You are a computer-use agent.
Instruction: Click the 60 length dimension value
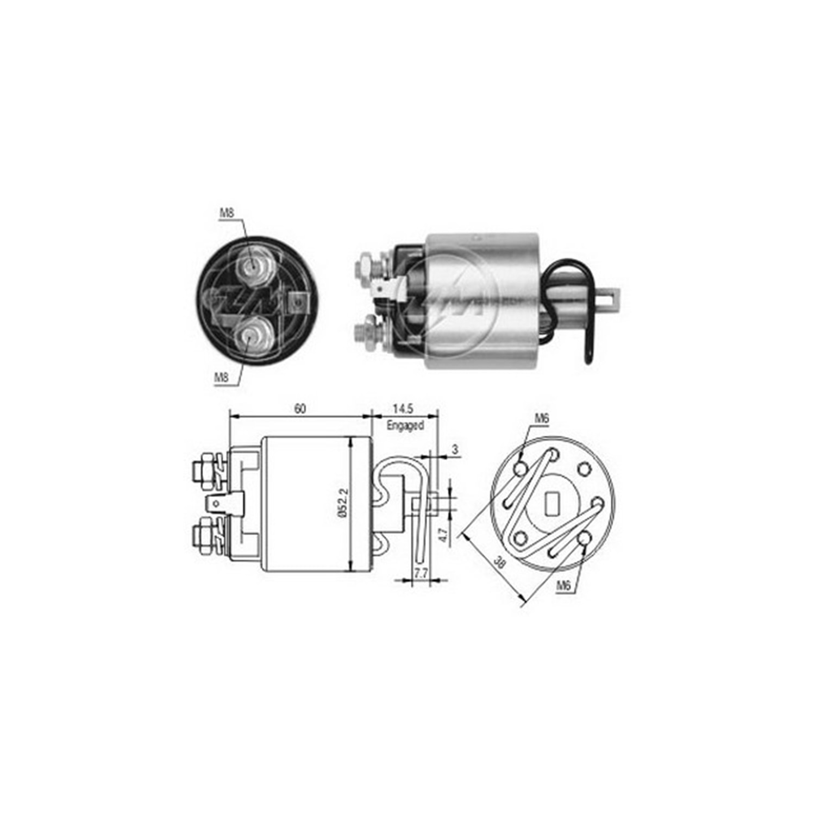tap(300, 409)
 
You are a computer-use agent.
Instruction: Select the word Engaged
tap(405, 426)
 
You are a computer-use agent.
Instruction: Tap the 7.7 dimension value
tap(421, 573)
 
